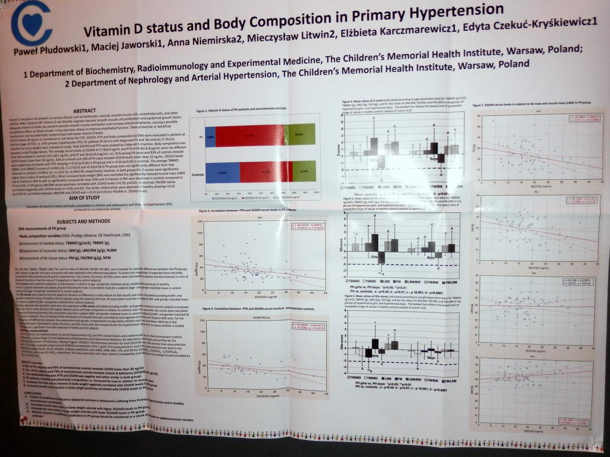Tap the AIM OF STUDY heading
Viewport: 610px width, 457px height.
tap(85, 198)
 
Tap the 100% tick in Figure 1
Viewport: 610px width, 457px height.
tap(316, 193)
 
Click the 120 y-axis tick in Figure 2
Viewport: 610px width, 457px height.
tap(200, 221)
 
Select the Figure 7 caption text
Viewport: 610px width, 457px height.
tap(531, 104)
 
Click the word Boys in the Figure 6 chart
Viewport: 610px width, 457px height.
tap(431, 358)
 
